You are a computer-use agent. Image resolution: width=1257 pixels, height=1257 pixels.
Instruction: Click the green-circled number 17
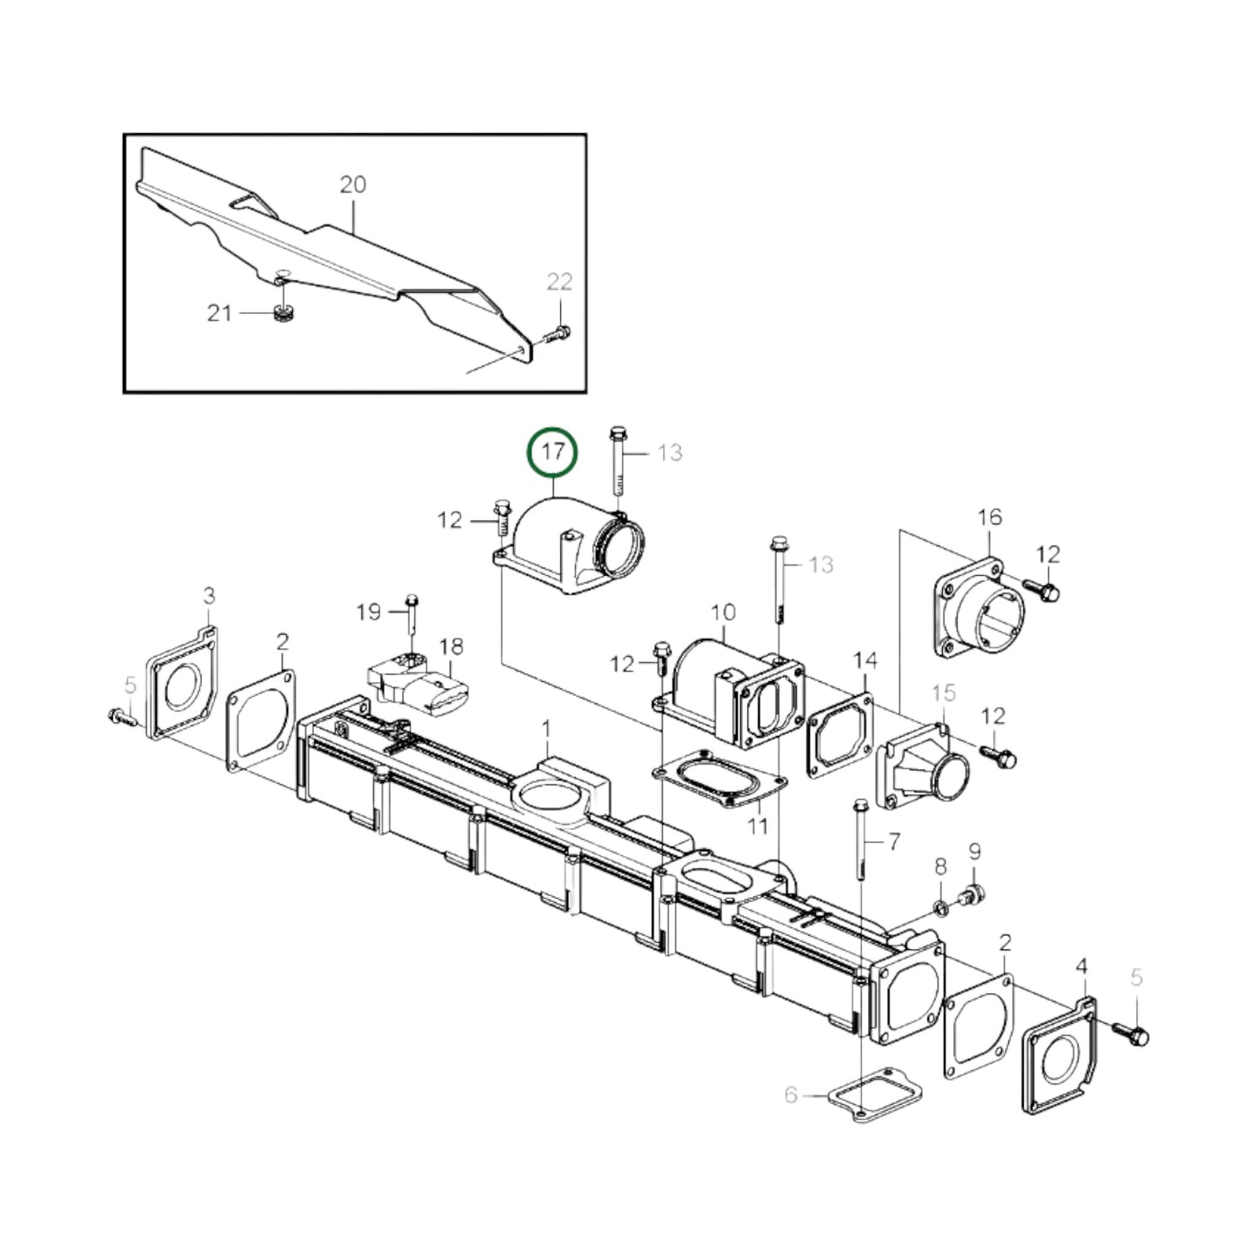(553, 452)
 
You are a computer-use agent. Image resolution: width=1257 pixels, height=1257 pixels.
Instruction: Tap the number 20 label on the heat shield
(352, 184)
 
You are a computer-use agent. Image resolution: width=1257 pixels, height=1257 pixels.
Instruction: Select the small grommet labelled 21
(281, 313)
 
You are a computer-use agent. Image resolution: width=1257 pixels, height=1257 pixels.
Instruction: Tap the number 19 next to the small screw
(369, 612)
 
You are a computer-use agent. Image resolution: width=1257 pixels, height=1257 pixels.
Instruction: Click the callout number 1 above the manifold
(546, 726)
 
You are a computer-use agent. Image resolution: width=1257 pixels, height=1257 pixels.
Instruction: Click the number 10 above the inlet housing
(723, 612)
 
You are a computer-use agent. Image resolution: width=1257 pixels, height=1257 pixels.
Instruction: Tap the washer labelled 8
(941, 909)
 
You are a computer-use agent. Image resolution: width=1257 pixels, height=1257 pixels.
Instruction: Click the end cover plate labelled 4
(1060, 1057)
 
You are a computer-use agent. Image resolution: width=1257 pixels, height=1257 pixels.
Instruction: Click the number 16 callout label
(989, 517)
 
